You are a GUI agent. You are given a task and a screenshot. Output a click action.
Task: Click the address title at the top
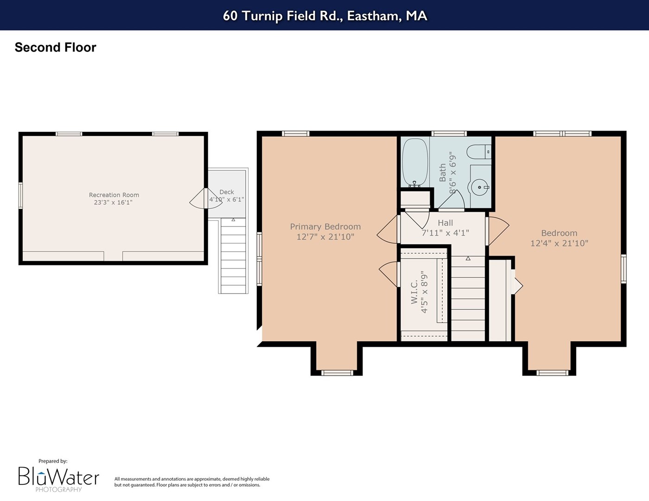tap(325, 16)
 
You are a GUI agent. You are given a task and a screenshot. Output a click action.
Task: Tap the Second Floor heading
tap(56, 47)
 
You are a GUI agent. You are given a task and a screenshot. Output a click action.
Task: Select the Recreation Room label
tap(114, 195)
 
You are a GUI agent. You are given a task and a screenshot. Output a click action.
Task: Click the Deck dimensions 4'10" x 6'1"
tap(226, 200)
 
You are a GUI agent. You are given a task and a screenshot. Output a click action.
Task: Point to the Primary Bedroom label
tap(325, 226)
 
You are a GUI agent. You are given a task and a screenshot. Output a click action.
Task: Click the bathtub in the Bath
tap(415, 162)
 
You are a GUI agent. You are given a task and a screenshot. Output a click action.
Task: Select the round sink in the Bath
tap(480, 187)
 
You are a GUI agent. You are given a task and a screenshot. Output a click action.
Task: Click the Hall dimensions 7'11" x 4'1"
tap(445, 232)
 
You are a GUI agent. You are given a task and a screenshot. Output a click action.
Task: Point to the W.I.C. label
tap(414, 292)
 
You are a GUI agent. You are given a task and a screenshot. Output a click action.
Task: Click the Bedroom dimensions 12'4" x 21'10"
tap(559, 244)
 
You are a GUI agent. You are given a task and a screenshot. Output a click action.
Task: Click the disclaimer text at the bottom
tap(192, 482)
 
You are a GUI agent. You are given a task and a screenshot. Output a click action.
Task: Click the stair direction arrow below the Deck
tap(233, 220)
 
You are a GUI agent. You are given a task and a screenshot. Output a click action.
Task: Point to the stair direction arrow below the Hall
tap(468, 258)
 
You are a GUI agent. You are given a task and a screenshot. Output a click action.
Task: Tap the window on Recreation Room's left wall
tap(20, 195)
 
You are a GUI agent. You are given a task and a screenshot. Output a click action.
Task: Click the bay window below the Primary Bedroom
tap(337, 373)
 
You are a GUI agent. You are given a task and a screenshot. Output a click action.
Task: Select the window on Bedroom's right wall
tap(624, 269)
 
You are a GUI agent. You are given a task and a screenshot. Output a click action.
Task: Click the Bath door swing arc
tap(452, 199)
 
